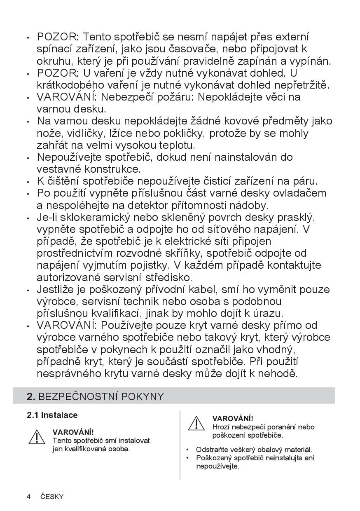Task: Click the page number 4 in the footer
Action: [28, 497]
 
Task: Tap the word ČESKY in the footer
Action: [52, 497]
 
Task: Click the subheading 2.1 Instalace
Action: [52, 415]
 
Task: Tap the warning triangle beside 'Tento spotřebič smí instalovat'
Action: [37, 437]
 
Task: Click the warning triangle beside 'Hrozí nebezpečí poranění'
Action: [196, 424]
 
